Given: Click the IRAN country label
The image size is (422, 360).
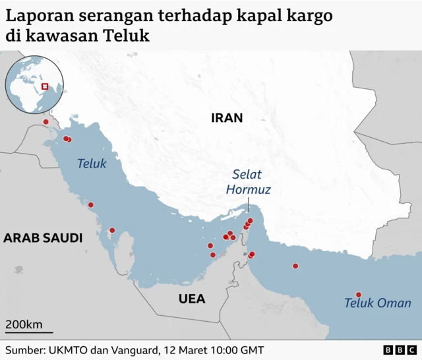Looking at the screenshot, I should [227, 119].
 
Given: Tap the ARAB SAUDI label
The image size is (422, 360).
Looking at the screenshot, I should [43, 238].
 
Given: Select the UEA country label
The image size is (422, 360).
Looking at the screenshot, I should [192, 299].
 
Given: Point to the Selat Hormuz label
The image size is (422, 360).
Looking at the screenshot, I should [248, 182].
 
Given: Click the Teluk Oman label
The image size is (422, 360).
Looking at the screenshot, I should [377, 303].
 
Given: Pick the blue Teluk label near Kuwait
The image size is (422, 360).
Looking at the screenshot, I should [92, 163].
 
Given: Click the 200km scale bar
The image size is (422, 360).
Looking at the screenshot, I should [29, 332].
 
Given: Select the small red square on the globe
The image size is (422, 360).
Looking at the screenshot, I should [45, 86].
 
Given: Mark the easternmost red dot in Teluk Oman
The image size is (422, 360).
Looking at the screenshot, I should [359, 295].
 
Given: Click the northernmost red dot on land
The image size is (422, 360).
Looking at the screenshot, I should [45, 122].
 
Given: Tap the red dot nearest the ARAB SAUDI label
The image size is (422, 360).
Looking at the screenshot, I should [112, 230].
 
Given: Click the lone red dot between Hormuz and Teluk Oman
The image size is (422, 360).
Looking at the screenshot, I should [295, 266].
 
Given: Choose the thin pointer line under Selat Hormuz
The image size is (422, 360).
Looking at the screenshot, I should [248, 207].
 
